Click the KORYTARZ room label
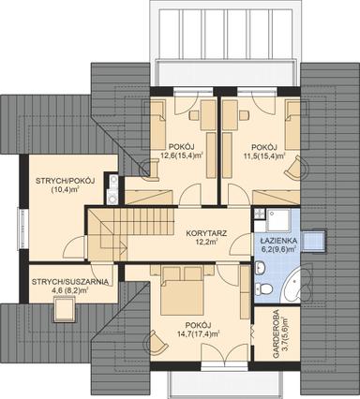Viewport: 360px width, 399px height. pyautogui.click(x=203, y=230)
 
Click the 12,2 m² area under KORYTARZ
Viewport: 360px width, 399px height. pyautogui.click(x=203, y=242)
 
